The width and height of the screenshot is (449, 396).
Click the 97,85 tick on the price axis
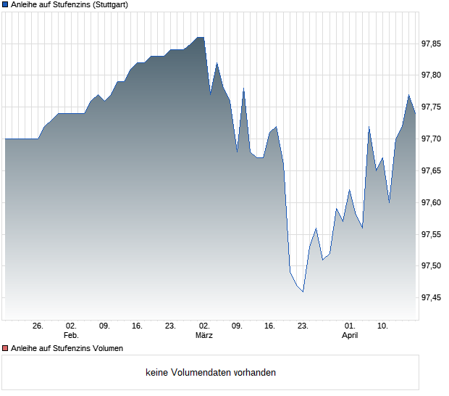click(x=431, y=44)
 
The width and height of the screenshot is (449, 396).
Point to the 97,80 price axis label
click(x=431, y=75)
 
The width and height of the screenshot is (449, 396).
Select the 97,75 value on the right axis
click(x=431, y=107)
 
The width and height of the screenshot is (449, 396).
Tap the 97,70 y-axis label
click(x=431, y=139)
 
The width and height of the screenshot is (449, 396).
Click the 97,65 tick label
click(x=431, y=170)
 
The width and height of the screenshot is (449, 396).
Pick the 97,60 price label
click(x=431, y=202)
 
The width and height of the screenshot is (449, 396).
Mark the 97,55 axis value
click(x=431, y=234)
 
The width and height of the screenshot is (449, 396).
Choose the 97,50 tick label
click(x=431, y=266)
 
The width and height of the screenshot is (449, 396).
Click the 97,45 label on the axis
click(x=431, y=297)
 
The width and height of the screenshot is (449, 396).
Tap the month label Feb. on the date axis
click(x=71, y=336)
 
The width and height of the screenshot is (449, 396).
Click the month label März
click(x=204, y=336)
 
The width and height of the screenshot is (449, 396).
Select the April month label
click(x=350, y=336)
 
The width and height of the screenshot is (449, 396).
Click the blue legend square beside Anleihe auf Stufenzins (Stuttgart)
click(x=5, y=5)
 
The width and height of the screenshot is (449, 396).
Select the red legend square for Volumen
click(x=5, y=348)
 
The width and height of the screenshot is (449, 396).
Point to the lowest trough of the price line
click(x=303, y=292)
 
